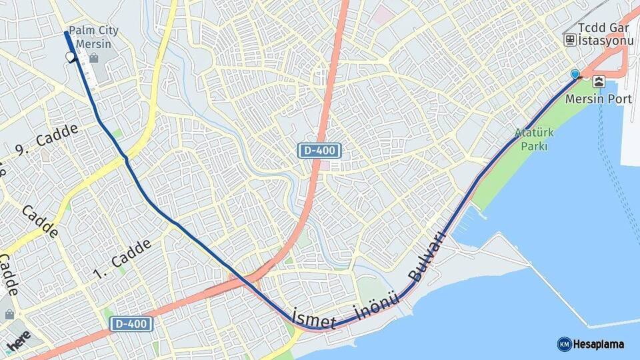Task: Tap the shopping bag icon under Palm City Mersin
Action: click(x=93, y=59)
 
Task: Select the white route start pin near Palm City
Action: click(x=71, y=57)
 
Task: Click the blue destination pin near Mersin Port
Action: click(x=575, y=74)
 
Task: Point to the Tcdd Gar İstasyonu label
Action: click(x=605, y=34)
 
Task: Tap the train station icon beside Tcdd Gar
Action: click(x=570, y=40)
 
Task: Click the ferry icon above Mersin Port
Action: click(x=599, y=82)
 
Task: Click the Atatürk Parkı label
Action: click(x=531, y=139)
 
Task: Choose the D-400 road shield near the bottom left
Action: click(x=131, y=325)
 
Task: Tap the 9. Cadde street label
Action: click(x=46, y=140)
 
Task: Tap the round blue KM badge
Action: click(x=564, y=344)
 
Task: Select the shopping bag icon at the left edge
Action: click(x=9, y=314)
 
